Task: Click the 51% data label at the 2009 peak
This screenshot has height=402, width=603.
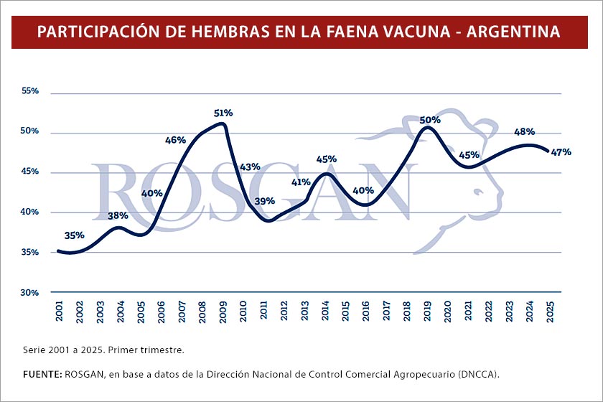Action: tap(223, 113)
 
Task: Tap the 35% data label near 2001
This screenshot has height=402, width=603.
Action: tap(75, 235)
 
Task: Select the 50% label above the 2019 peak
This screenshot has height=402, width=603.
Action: tap(430, 120)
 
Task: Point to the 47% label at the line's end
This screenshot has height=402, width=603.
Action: tap(561, 151)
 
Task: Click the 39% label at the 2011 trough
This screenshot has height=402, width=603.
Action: tap(265, 201)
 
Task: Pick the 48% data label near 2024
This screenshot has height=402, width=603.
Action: tap(525, 132)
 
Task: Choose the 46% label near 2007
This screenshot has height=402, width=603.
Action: tap(176, 140)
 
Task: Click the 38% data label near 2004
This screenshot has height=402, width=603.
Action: tap(118, 215)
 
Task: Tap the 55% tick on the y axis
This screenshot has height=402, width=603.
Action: tap(29, 92)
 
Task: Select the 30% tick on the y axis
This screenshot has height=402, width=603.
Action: tap(29, 293)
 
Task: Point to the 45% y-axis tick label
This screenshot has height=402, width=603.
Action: tap(29, 172)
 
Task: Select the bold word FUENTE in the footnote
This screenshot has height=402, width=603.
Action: tap(42, 374)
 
